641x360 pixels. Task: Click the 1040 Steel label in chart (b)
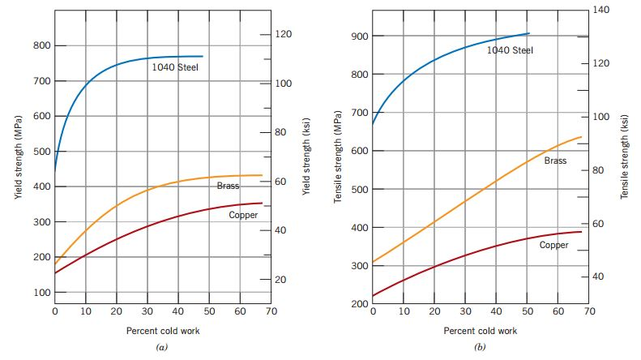510,50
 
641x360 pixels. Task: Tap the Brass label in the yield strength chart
229,186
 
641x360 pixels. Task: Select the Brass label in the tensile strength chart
555,161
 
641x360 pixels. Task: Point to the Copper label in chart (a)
243,215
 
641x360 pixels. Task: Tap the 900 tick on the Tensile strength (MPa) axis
360,36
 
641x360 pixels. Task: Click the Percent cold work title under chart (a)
163,331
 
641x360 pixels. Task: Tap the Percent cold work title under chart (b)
480,331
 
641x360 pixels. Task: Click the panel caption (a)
161,347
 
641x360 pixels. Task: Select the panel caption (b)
479,347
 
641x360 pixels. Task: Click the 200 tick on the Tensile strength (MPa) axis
360,304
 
